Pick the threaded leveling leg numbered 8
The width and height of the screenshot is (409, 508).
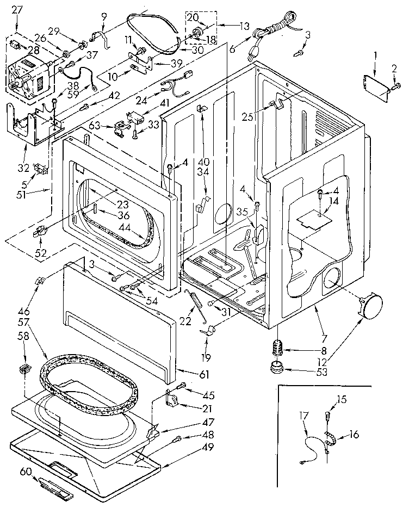click(x=278, y=346)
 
